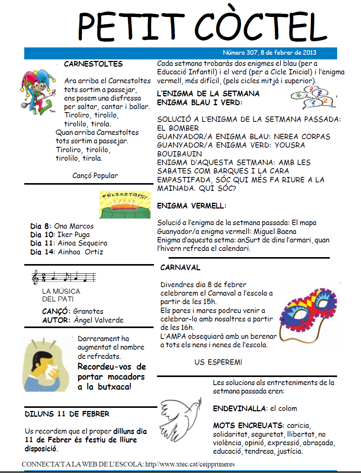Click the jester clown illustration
37,91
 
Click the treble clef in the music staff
36,277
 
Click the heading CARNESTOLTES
93,64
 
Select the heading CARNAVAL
180,268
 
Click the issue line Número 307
269,53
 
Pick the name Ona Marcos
74,226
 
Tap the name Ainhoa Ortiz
80,252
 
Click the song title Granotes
88,311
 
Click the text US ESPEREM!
218,362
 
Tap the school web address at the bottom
189,464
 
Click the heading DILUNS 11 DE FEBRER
67,414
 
